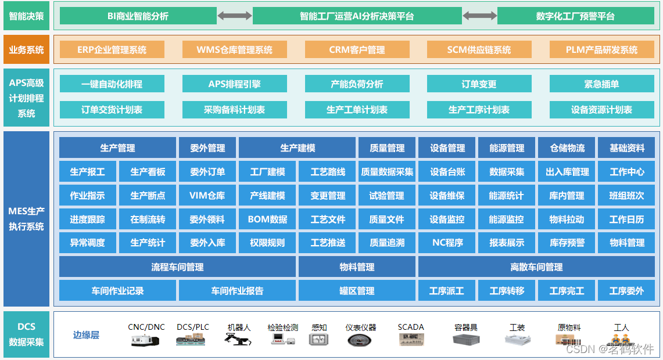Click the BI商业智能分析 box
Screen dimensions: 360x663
138,16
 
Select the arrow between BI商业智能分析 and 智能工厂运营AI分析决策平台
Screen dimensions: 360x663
235,16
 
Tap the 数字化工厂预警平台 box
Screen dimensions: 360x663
575,16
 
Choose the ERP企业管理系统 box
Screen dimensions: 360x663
112,50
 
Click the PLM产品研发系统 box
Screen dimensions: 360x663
601,50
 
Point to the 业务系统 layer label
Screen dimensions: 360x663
26,50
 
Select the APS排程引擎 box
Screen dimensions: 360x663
234,84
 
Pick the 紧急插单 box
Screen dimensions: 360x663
601,84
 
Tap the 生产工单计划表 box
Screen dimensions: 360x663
357,110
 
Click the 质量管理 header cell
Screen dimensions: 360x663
387,148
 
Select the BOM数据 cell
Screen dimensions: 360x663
267,219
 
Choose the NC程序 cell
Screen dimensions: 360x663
447,243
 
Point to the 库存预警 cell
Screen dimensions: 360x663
567,243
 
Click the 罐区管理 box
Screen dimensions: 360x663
357,291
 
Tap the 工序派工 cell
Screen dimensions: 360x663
446,291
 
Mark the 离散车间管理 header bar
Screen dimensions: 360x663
536,267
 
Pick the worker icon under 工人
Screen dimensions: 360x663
622,340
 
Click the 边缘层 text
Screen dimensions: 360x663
86,335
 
